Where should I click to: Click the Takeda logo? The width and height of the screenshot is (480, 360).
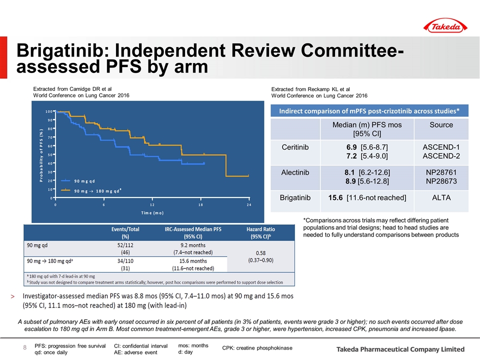445,26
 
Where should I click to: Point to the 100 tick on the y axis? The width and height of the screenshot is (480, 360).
49,111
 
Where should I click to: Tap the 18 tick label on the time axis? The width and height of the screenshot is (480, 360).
200,205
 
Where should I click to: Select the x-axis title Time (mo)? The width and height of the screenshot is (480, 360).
152,213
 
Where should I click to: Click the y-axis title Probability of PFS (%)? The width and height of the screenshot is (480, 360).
41,155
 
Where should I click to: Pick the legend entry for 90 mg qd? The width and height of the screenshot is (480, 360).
78,181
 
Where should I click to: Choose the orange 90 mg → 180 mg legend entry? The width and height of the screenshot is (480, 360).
91,190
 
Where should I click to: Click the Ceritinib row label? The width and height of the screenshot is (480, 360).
295,147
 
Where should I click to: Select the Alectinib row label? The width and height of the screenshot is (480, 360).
295,172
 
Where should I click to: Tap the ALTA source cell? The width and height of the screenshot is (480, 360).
441,198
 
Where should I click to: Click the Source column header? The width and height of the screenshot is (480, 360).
441,125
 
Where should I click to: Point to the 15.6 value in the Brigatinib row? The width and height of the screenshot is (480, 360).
335,198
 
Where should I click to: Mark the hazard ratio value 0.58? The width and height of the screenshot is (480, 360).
260,253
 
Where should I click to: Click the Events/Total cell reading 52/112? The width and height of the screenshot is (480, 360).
125,245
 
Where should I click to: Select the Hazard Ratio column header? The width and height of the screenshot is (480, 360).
260,232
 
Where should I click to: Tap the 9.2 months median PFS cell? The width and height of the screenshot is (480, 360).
193,245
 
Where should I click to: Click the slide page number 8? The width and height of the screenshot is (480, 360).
25,347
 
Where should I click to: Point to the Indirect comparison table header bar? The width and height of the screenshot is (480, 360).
369,111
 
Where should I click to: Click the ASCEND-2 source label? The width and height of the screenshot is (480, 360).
441,156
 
